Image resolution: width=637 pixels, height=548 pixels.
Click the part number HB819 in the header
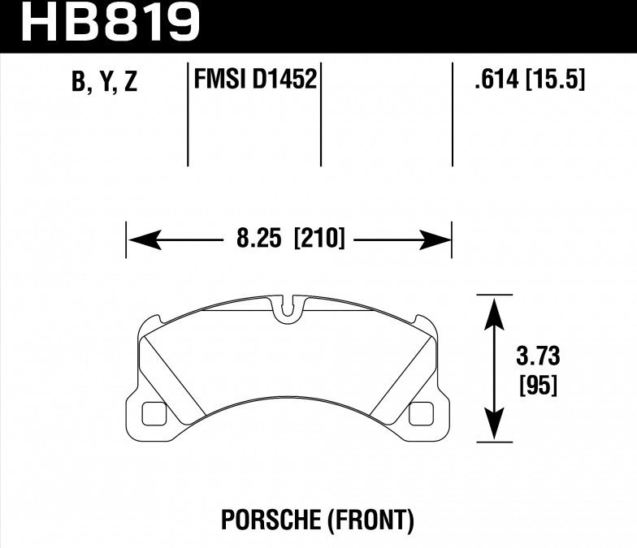pos(110,22)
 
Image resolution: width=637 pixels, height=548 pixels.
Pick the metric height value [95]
pos(537,386)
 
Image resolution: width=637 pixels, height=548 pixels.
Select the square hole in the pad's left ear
pos(154,414)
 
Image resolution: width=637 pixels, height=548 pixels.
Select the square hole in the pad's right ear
pos(422,414)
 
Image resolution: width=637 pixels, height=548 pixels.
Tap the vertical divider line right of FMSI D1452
pos(322,114)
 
